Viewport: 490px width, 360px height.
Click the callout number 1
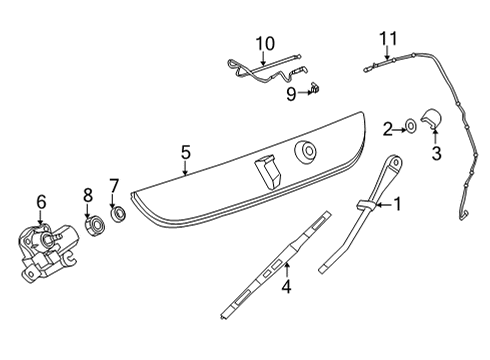pyautogui.click(x=397, y=204)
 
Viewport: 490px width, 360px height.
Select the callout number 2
pyautogui.click(x=387, y=129)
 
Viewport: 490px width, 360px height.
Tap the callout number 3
pyautogui.click(x=436, y=154)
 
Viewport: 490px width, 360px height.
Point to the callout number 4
pyautogui.click(x=286, y=287)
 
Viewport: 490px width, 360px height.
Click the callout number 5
pyautogui.click(x=186, y=152)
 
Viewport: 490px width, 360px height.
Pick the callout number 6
pyautogui.click(x=41, y=202)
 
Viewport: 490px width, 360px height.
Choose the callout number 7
pyautogui.click(x=114, y=186)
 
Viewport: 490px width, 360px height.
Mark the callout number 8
pyautogui.click(x=88, y=195)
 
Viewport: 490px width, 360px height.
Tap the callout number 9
pyautogui.click(x=291, y=94)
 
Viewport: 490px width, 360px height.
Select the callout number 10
pyautogui.click(x=265, y=44)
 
